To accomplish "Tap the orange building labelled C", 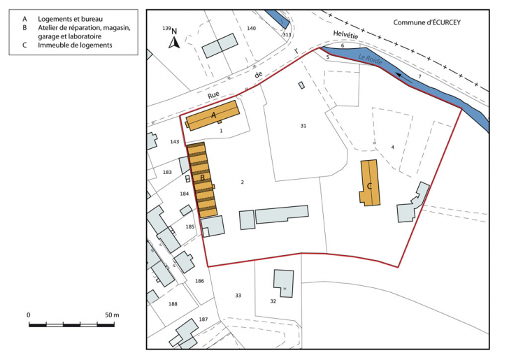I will pyautogui.click(x=370, y=182).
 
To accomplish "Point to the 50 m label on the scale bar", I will pyautogui.click(x=111, y=315).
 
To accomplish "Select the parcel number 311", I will pyautogui.click(x=287, y=34).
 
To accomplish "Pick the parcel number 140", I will pyautogui.click(x=251, y=28).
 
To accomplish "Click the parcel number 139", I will pyautogui.click(x=166, y=28).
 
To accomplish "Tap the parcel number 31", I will pyautogui.click(x=303, y=126).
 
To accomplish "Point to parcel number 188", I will pyautogui.click(x=173, y=304).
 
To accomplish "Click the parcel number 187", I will pyautogui.click(x=203, y=319).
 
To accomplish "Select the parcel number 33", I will pyautogui.click(x=238, y=296).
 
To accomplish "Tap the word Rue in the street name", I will pyautogui.click(x=214, y=95).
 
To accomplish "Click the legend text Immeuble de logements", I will pyautogui.click(x=77, y=45).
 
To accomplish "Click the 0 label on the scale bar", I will pyautogui.click(x=29, y=315).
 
